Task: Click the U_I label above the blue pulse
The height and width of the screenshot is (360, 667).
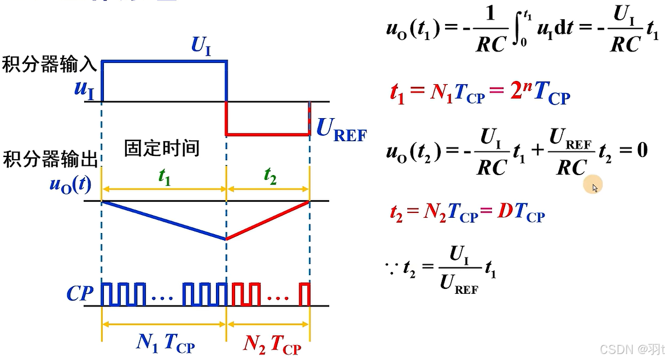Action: point(201,47)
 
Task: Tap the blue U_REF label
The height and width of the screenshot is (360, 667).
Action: point(342,131)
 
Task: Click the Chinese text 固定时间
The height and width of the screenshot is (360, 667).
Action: point(161,148)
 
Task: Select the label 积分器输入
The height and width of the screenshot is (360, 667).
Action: point(50,65)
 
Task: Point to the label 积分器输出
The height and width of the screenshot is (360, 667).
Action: point(50,160)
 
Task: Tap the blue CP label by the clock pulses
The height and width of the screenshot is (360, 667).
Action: point(80,294)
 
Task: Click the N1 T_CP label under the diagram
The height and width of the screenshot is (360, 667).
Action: point(165,344)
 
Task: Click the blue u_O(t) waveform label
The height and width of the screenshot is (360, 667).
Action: point(71,184)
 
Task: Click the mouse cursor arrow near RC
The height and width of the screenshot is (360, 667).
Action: point(595,188)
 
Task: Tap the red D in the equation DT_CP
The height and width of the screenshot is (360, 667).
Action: point(504,213)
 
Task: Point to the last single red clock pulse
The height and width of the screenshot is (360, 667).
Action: point(305,294)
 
